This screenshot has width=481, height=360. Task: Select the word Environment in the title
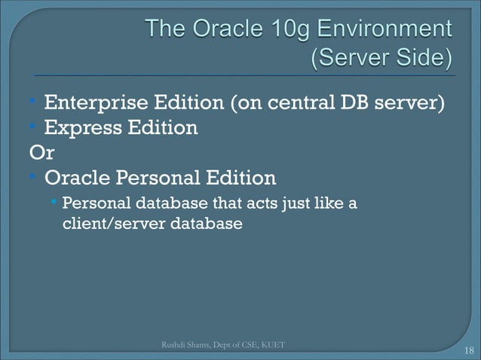(382, 31)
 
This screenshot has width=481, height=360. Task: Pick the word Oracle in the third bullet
(75, 178)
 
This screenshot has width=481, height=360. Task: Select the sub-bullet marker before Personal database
(56, 201)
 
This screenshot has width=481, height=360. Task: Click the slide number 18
(469, 350)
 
